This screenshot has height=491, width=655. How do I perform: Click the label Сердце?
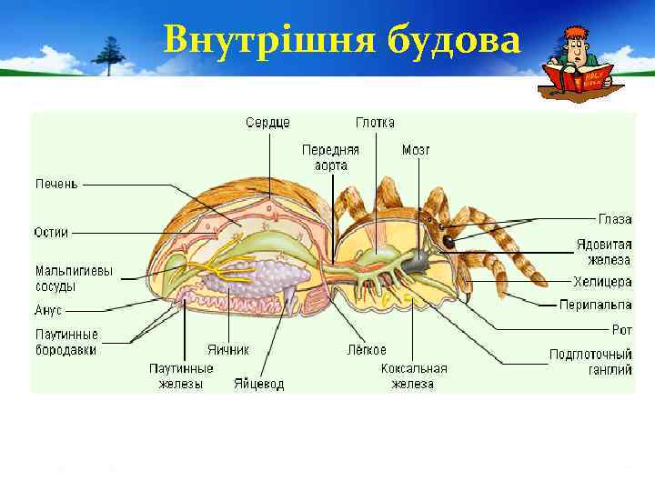(x=267, y=123)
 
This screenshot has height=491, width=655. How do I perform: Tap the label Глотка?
(x=375, y=123)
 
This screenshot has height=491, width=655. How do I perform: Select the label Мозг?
(x=415, y=150)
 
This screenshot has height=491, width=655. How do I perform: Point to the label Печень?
(x=56, y=185)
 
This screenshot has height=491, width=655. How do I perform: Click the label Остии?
(x=52, y=232)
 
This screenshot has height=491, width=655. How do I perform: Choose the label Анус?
(x=49, y=310)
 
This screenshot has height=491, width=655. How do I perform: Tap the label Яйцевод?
(x=258, y=384)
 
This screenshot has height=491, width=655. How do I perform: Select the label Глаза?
(x=615, y=219)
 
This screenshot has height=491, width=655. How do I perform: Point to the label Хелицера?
(x=602, y=282)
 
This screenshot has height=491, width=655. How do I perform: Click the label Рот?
(x=622, y=329)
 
